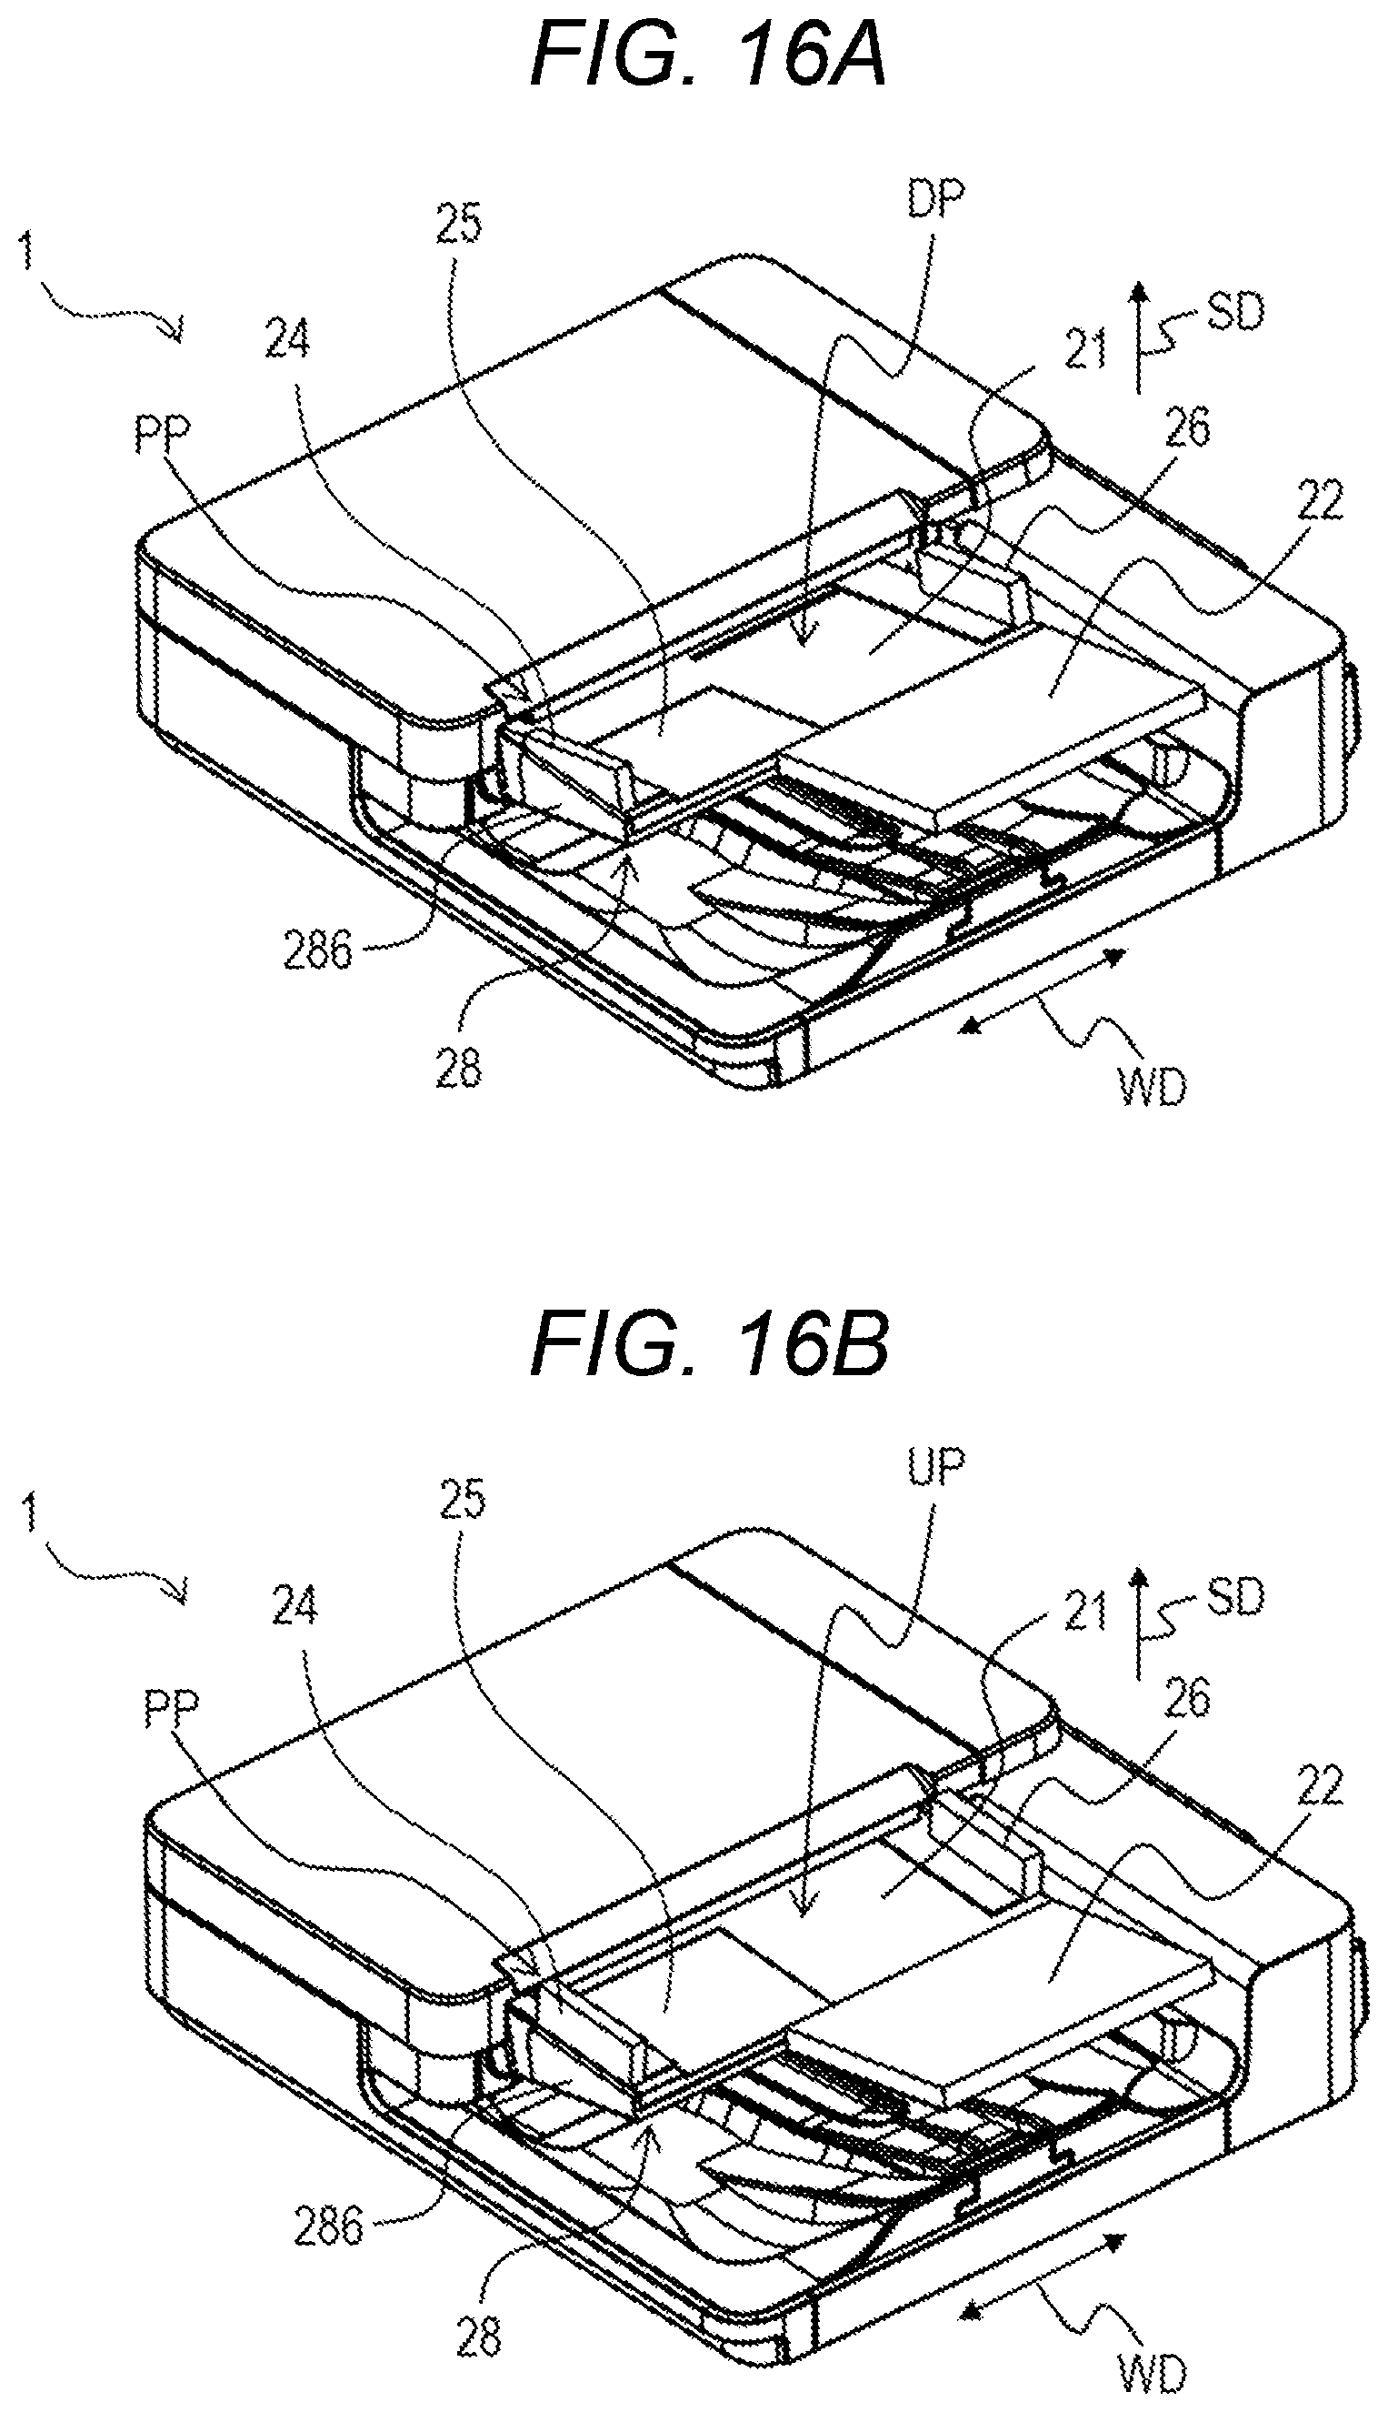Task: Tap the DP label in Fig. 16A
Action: point(935,201)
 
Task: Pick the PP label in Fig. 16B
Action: point(173,1712)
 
